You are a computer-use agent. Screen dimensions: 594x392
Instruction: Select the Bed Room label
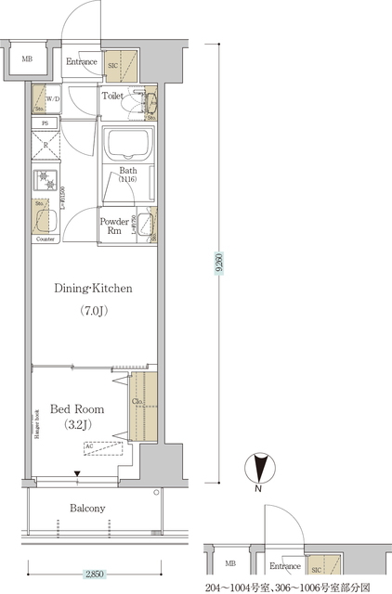tap(77, 408)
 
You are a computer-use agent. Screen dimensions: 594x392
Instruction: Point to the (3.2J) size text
tap(77, 427)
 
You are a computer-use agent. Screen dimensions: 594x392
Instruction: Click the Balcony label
tap(88, 508)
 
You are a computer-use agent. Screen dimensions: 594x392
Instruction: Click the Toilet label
tap(113, 96)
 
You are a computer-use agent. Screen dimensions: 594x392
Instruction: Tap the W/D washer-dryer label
tap(52, 100)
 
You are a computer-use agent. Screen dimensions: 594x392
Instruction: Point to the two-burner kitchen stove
tap(45, 179)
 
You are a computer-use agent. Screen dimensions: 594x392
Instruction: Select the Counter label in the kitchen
tap(46, 239)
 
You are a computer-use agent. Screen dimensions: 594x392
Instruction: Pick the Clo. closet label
tap(137, 402)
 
